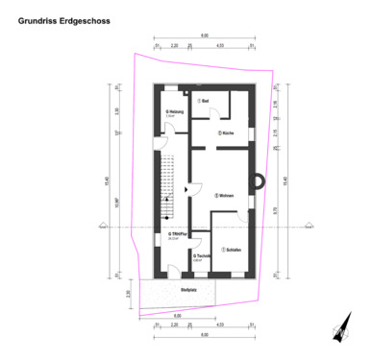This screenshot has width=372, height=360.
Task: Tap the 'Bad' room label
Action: pos(204,101)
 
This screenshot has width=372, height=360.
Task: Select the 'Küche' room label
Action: pos(226,132)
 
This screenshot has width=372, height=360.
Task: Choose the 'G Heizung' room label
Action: pos(174,112)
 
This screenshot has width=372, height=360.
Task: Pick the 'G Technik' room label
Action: pos(201,256)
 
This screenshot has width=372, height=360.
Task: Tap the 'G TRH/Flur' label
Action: pos(176,234)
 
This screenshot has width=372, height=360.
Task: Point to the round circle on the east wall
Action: pos(257,180)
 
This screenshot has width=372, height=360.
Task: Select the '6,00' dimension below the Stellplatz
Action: pos(178,314)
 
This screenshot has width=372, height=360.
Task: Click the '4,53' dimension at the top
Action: pos(220,45)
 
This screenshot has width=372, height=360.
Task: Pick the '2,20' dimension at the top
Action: pos(175,45)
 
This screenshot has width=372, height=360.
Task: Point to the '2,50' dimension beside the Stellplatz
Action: pos(129,293)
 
